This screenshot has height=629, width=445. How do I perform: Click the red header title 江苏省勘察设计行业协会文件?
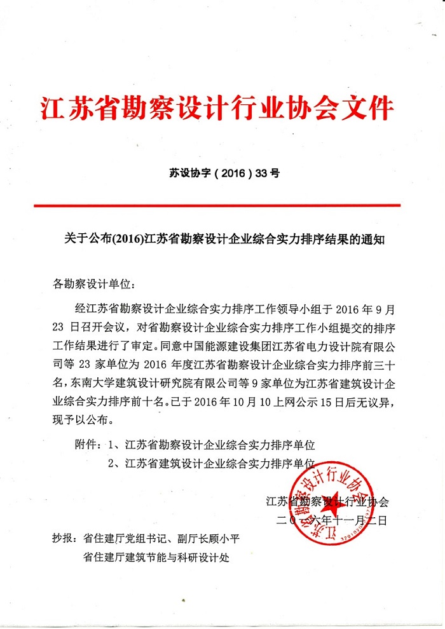[217, 109]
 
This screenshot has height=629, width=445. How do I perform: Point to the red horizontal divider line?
[217, 205]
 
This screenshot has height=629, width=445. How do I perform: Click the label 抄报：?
[65, 540]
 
